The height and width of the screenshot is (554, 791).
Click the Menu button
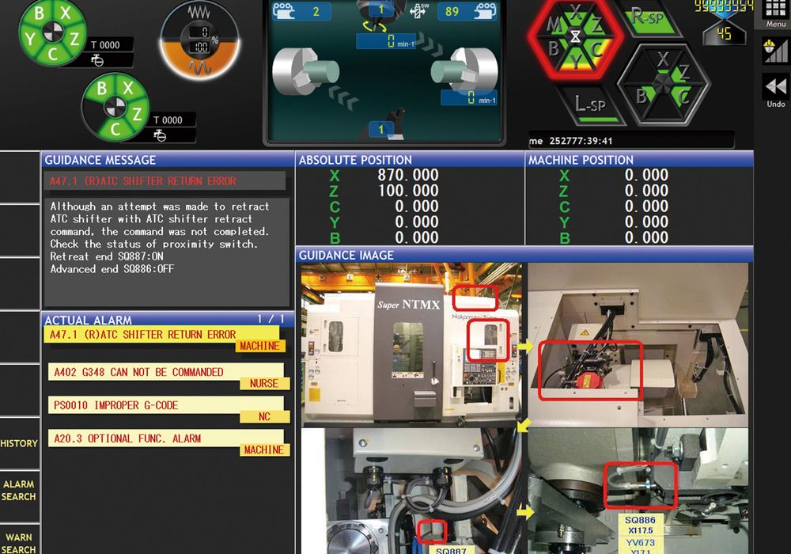pyautogui.click(x=775, y=14)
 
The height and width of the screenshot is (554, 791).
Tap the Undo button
pyautogui.click(x=775, y=91)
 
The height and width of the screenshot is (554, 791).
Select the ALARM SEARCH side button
pyautogui.click(x=19, y=490)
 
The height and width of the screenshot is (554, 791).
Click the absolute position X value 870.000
pyautogui.click(x=408, y=175)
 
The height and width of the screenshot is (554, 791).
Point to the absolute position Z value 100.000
pyautogui.click(x=408, y=191)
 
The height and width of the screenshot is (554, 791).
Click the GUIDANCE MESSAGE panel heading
pyautogui.click(x=100, y=160)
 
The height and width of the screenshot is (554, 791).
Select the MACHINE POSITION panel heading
pyautogui.click(x=581, y=160)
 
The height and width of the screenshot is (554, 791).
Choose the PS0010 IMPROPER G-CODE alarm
pyautogui.click(x=115, y=405)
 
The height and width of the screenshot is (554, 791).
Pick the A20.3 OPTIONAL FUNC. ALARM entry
pyautogui.click(x=127, y=438)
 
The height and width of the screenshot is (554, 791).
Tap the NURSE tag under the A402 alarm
pyautogui.click(x=263, y=384)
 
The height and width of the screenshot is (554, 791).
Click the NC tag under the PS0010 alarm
pyautogui.click(x=264, y=416)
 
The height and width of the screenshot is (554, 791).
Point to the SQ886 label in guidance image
pyautogui.click(x=639, y=521)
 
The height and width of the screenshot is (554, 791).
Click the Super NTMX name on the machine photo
pyautogui.click(x=408, y=304)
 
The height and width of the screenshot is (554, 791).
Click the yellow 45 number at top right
pyautogui.click(x=723, y=34)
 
